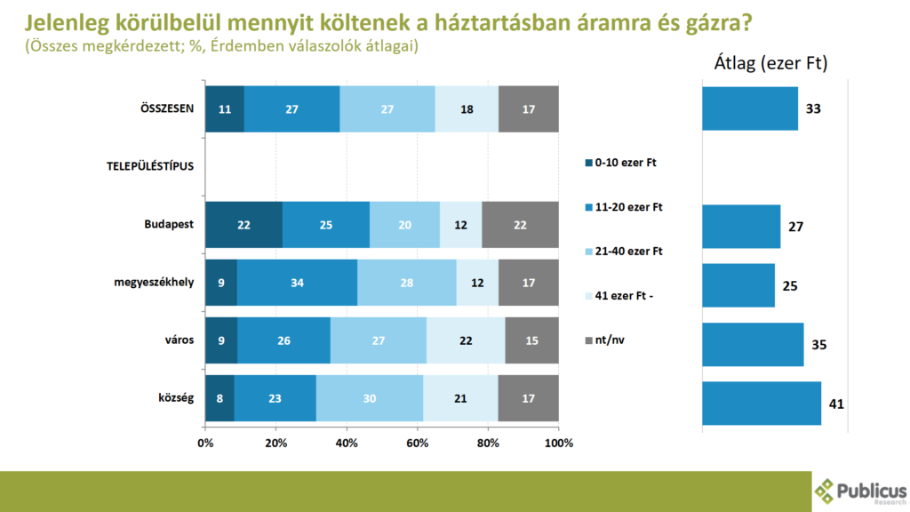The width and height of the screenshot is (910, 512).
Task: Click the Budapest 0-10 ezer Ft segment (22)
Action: click(243, 225)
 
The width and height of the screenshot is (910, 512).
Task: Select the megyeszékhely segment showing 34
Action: click(297, 283)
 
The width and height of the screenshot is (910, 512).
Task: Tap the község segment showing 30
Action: click(370, 398)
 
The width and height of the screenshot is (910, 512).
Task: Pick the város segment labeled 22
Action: click(466, 340)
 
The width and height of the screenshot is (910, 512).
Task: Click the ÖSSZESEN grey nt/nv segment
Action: click(529, 109)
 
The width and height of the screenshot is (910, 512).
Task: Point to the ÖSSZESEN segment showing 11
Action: click(224, 109)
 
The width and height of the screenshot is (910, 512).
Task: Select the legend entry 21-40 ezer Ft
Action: click(627, 251)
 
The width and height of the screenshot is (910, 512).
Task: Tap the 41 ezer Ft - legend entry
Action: click(625, 295)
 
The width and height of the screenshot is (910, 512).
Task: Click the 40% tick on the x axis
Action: click(347, 444)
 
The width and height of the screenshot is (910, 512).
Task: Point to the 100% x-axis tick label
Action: click(558, 444)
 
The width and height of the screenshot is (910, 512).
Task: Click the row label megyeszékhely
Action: click(153, 283)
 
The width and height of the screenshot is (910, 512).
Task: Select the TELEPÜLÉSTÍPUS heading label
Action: click(144, 165)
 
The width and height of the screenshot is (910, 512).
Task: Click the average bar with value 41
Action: click(762, 404)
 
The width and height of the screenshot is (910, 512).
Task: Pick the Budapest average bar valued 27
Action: click(741, 227)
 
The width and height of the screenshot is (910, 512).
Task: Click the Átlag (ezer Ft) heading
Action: click(770, 64)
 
